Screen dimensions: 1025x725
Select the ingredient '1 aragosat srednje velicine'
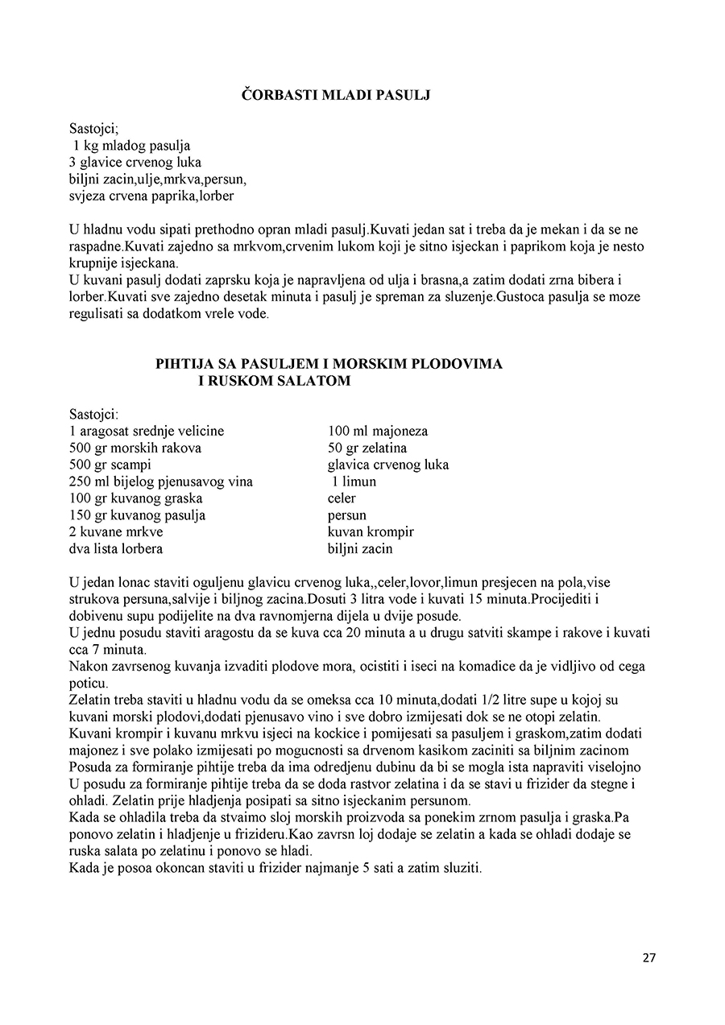point(147,431)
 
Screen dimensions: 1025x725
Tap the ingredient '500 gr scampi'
point(110,465)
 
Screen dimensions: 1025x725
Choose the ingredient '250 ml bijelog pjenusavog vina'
point(161,482)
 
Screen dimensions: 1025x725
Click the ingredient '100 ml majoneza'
point(378,431)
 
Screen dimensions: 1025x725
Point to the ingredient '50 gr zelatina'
point(367,448)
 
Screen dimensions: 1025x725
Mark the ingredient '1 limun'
point(354,482)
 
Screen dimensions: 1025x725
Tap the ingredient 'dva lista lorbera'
point(116,549)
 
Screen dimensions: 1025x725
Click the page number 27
point(649,958)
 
